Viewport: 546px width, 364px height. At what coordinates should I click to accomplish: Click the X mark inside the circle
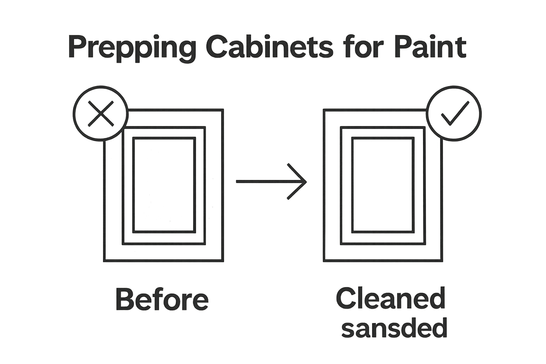pyautogui.click(x=101, y=114)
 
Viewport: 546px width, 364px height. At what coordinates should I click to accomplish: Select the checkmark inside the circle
pyautogui.click(x=454, y=114)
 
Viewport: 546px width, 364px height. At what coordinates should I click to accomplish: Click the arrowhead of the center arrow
pyautogui.click(x=304, y=181)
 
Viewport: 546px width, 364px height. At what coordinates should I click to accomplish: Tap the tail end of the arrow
pyautogui.click(x=237, y=181)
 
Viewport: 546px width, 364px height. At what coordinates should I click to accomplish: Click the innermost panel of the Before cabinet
pyautogui.click(x=164, y=185)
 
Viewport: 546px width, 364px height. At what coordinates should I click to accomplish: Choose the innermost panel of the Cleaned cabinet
pyautogui.click(x=383, y=185)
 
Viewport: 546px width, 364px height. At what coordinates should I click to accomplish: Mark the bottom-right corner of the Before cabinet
pyautogui.click(x=223, y=261)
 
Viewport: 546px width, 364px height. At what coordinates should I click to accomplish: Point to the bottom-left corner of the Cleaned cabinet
pyautogui.click(x=324, y=261)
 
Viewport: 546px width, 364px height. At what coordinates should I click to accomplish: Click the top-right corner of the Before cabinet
pyautogui.click(x=223, y=110)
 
